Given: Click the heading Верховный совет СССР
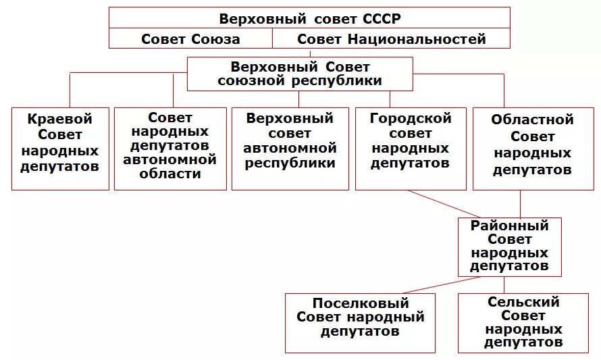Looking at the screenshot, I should [309, 18].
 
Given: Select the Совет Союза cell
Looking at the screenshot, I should [190, 38].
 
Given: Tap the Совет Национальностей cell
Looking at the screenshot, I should [391, 38].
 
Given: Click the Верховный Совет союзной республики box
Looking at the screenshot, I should [300, 74].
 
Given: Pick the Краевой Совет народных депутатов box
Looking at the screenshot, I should [60, 148].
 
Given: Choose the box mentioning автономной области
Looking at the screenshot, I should [170, 148].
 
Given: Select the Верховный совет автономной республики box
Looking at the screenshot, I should [290, 148].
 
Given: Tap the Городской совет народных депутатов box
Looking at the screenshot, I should [411, 148].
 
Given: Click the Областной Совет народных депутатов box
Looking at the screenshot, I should [532, 148].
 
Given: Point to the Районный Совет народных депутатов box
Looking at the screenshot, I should [509, 247].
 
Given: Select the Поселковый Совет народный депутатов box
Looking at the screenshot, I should [360, 323].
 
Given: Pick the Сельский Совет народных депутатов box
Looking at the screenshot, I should [523, 323].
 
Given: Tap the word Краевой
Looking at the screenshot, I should [60, 120].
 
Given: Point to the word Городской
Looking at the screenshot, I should [411, 118].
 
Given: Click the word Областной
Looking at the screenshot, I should [532, 120].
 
